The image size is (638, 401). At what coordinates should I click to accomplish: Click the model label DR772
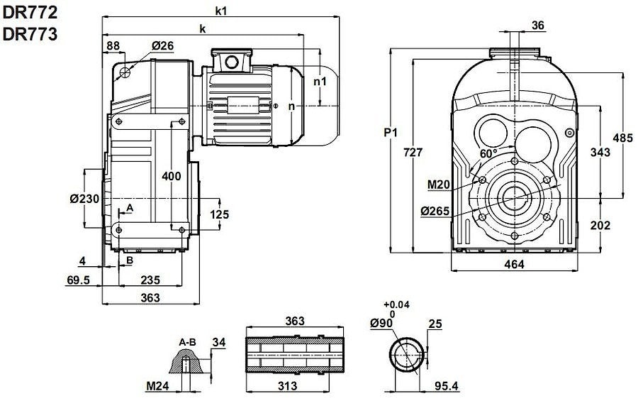coord(29,12)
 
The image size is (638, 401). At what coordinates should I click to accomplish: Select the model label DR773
coord(29,34)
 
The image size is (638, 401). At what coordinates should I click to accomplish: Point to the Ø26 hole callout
coord(162,45)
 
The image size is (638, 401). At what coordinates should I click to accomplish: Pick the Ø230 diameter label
coord(84,199)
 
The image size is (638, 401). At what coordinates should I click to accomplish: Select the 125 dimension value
coord(220,214)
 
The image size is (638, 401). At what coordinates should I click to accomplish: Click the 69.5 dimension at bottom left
coord(78,280)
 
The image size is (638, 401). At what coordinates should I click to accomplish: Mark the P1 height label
coord(391,133)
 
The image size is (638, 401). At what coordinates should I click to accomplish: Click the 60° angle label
coord(488,153)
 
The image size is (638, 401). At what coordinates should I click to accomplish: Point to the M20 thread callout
coord(440,185)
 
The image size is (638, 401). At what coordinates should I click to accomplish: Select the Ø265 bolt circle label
coord(435,211)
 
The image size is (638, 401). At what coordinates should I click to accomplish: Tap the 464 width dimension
coord(513,265)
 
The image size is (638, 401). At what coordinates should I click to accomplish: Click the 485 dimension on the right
coord(623,138)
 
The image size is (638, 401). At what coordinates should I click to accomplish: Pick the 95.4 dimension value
coord(447,388)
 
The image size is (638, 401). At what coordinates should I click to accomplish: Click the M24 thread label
coord(158,387)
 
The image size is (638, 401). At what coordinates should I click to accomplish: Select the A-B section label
coord(187,342)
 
